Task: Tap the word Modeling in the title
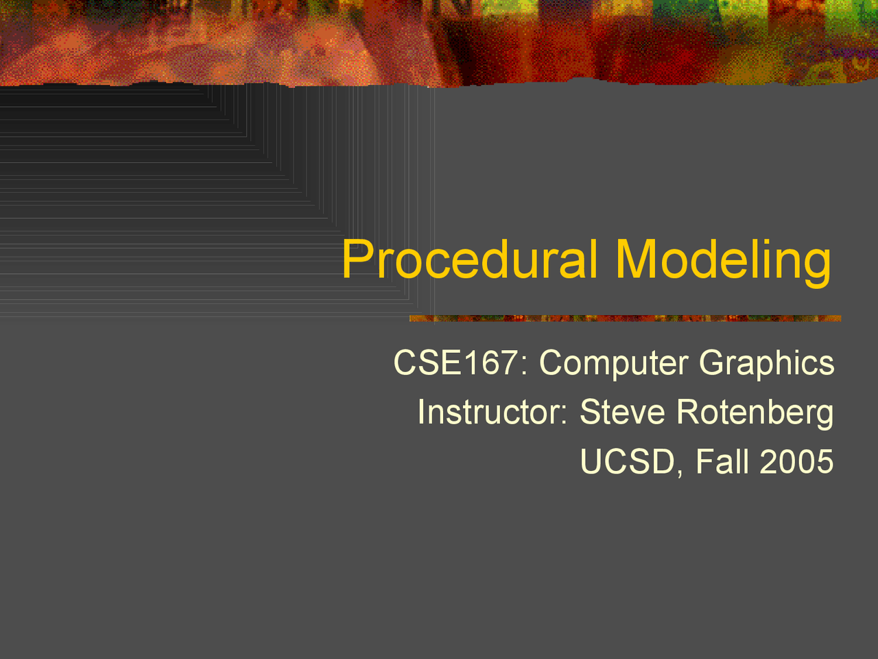(x=724, y=263)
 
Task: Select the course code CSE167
(x=456, y=362)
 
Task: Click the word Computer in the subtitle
(x=614, y=364)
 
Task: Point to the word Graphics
(x=767, y=364)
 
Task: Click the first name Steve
(x=622, y=412)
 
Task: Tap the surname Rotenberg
(x=755, y=414)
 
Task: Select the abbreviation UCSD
(x=628, y=461)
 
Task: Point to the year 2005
(x=796, y=461)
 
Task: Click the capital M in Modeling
(x=636, y=259)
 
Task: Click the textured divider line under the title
(x=625, y=319)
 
